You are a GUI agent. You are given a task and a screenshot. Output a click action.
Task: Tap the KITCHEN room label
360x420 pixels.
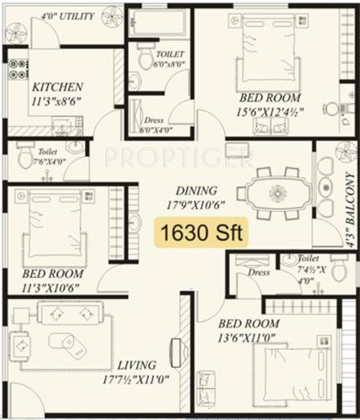pyautogui.click(x=56, y=87)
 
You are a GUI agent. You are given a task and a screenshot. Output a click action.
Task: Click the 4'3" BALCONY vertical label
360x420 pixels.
pyautogui.click(x=344, y=218)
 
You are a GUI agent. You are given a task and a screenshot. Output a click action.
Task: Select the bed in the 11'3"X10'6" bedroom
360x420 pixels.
pyautogui.click(x=56, y=220)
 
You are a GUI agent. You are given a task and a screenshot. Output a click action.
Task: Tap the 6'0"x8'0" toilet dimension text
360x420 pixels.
pyautogui.click(x=170, y=65)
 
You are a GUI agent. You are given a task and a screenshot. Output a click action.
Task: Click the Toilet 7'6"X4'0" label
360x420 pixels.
pyautogui.click(x=39, y=157)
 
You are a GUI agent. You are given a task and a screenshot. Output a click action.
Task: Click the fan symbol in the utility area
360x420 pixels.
pyautogui.click(x=14, y=31)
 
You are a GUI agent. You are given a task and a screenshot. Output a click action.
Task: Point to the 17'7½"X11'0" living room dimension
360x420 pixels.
pyautogui.click(x=136, y=380)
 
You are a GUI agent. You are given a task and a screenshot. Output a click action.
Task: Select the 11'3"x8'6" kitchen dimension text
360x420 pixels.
pyautogui.click(x=56, y=102)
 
